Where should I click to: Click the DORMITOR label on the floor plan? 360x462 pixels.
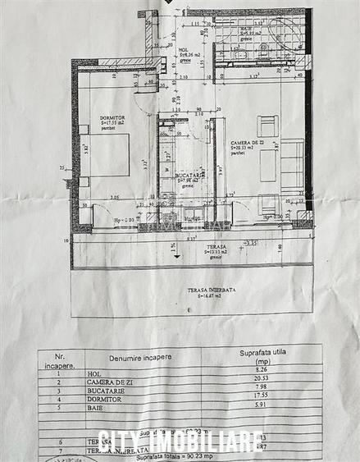point(105,118)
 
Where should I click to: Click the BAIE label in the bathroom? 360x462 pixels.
point(244,30)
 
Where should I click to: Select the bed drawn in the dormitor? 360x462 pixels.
point(109,153)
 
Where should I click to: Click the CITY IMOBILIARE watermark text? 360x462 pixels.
point(180,441)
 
